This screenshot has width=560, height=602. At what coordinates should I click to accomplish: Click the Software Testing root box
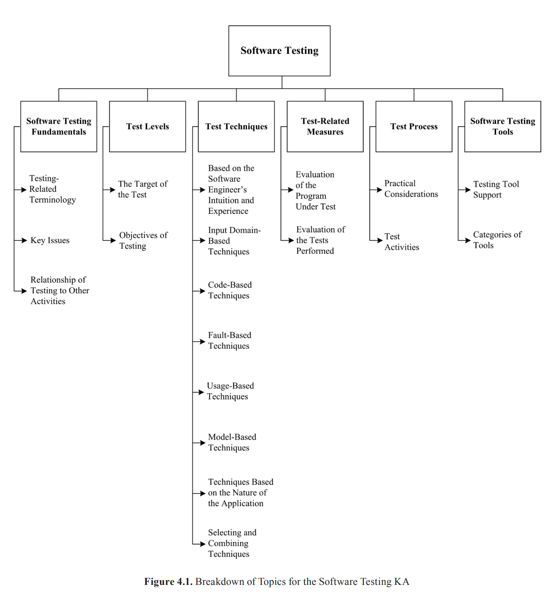(x=279, y=51)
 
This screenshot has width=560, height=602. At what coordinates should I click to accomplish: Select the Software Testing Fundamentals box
(x=59, y=127)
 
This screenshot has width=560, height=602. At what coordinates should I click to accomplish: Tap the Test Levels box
(x=147, y=127)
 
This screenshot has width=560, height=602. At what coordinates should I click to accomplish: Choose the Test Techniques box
(x=236, y=127)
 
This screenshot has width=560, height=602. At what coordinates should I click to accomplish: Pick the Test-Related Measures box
(x=325, y=127)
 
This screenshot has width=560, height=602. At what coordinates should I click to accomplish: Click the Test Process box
(x=414, y=127)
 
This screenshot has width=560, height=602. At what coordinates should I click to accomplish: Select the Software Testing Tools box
(x=502, y=127)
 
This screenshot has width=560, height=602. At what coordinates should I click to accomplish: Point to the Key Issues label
(x=50, y=240)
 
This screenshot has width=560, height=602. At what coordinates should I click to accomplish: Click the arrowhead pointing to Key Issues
(x=24, y=240)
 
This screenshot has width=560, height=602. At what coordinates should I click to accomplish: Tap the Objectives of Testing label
(x=143, y=240)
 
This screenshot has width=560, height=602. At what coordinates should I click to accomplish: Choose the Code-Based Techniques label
(x=230, y=290)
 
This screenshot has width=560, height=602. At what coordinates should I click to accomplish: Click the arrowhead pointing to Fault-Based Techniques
(x=201, y=341)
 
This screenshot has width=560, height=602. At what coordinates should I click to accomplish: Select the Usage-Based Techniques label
(x=230, y=391)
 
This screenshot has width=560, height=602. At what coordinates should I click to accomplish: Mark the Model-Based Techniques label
(x=232, y=442)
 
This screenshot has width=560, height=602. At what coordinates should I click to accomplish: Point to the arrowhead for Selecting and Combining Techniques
(x=202, y=544)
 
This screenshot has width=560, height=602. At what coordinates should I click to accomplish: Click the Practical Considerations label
(x=411, y=189)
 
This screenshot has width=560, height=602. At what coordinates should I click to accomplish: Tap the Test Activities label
(x=401, y=242)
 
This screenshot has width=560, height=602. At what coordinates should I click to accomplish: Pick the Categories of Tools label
(x=497, y=240)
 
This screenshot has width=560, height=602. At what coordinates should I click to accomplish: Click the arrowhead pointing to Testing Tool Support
(x=467, y=190)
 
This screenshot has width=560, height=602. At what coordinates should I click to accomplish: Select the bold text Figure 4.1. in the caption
(x=168, y=582)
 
